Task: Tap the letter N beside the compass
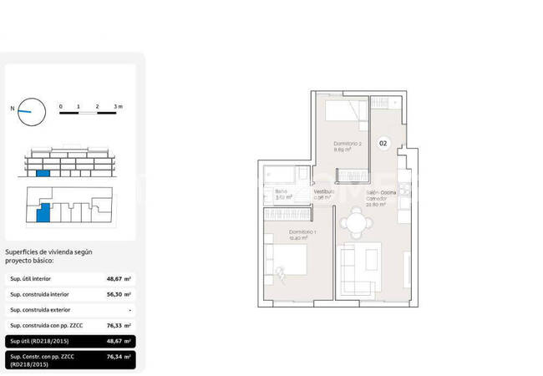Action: click(12, 108)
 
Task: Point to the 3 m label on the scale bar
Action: click(119, 107)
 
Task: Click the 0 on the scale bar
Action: click(60, 107)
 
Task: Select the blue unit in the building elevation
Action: click(43, 172)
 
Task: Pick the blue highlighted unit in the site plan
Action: click(43, 215)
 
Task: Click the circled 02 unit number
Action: click(383, 143)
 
